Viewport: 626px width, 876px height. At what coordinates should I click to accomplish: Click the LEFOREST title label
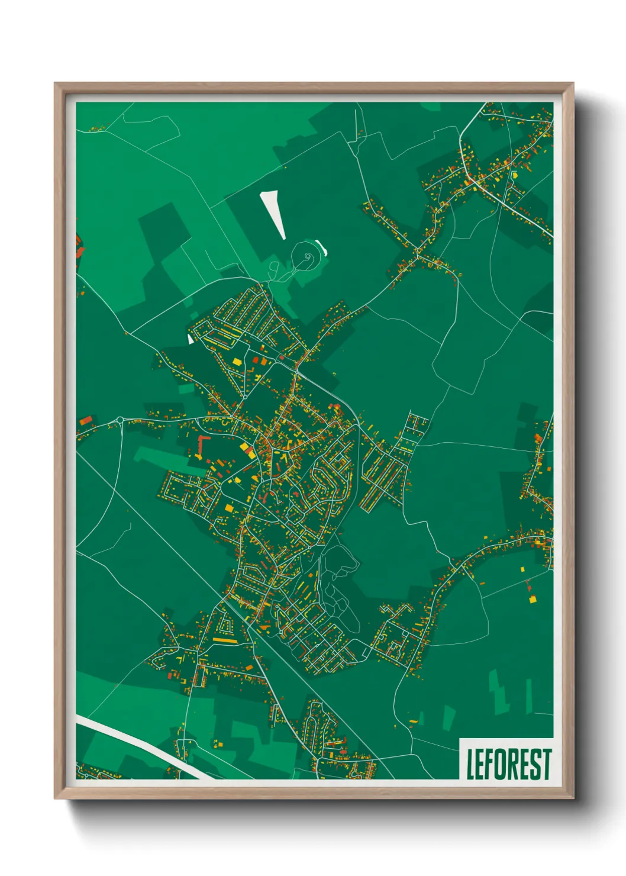pyautogui.click(x=508, y=764)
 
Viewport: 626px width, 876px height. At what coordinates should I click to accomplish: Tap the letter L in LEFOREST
pyautogui.click(x=470, y=765)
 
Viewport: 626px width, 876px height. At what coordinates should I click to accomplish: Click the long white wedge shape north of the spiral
pyautogui.click(x=273, y=213)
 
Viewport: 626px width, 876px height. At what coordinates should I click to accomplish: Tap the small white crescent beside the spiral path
pyautogui.click(x=322, y=245)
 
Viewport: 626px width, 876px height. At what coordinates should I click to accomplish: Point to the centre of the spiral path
pyautogui.click(x=308, y=256)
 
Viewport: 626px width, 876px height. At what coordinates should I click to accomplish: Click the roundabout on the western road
pyautogui.click(x=120, y=420)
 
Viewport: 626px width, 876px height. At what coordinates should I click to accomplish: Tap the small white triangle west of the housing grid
pyautogui.click(x=190, y=339)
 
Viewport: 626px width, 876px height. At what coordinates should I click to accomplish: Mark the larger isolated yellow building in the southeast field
pyautogui.click(x=532, y=599)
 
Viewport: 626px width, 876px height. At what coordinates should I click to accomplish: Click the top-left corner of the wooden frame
pyautogui.click(x=55, y=83)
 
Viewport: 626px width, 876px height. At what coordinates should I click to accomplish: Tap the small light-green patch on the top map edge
pyautogui.click(x=431, y=107)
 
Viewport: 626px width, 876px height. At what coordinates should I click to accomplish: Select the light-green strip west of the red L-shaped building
pyautogui.click(x=157, y=455)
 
